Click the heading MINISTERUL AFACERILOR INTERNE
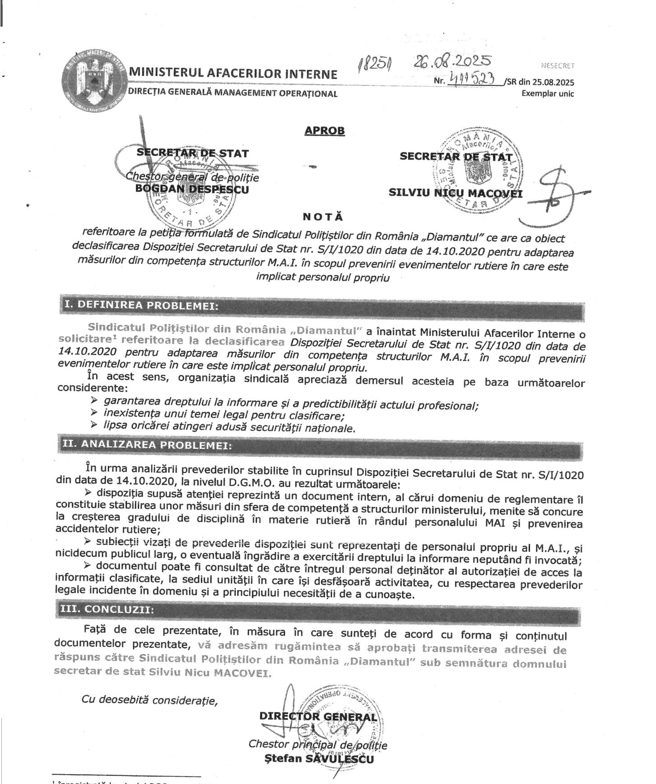(x=233, y=74)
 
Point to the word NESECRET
(x=558, y=65)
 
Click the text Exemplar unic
(x=548, y=94)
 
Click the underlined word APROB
(x=324, y=131)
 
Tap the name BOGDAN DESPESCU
(x=192, y=189)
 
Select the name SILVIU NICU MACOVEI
(x=456, y=193)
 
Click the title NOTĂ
(x=323, y=216)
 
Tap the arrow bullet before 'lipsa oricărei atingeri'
(x=94, y=424)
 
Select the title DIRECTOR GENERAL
(x=318, y=717)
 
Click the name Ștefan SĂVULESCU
(x=319, y=759)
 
